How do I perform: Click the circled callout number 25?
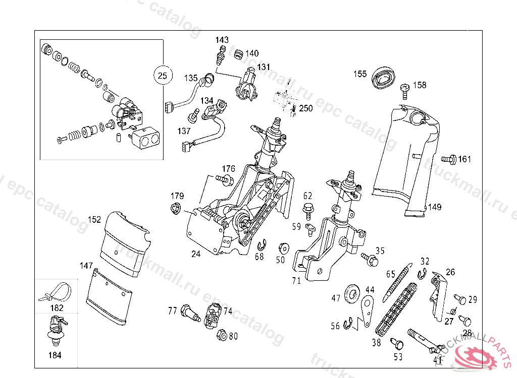click(x=163, y=76)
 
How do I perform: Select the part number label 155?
click(x=359, y=74)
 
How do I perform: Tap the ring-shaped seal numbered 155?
click(x=384, y=78)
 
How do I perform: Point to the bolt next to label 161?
click(x=449, y=159)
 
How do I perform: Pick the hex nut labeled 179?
click(x=175, y=209)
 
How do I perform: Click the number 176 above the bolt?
click(x=228, y=168)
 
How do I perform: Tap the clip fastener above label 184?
click(x=56, y=331)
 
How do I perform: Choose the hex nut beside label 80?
click(x=222, y=335)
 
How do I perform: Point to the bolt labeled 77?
click(x=190, y=313)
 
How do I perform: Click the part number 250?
click(x=305, y=108)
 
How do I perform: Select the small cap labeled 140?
click(x=238, y=54)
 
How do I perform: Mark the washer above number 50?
click(x=283, y=248)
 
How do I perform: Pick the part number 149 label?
click(x=435, y=207)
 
